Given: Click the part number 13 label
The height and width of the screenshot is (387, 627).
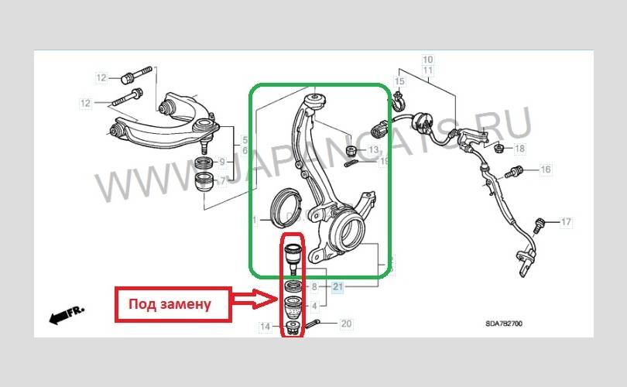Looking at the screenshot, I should [x=373, y=149].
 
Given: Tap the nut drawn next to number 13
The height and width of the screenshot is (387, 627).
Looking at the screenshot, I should [x=352, y=149].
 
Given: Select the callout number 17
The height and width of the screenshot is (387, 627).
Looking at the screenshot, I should [x=566, y=222].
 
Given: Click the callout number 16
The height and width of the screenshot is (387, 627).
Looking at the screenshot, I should [x=545, y=170].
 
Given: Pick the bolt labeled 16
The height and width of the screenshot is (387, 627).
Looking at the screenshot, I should [x=514, y=169].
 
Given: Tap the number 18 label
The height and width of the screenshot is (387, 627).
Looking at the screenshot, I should [x=519, y=147].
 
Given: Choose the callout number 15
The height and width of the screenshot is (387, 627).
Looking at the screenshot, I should [x=399, y=81].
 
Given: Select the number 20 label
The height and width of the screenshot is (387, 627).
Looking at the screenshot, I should [x=346, y=324].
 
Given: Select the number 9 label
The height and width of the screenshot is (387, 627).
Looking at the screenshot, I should [x=222, y=162].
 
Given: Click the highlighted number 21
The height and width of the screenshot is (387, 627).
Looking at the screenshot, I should [x=337, y=287].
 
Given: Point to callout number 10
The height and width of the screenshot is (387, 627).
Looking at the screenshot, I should [x=427, y=59].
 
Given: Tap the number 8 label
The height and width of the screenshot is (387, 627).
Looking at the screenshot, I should [x=313, y=286].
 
